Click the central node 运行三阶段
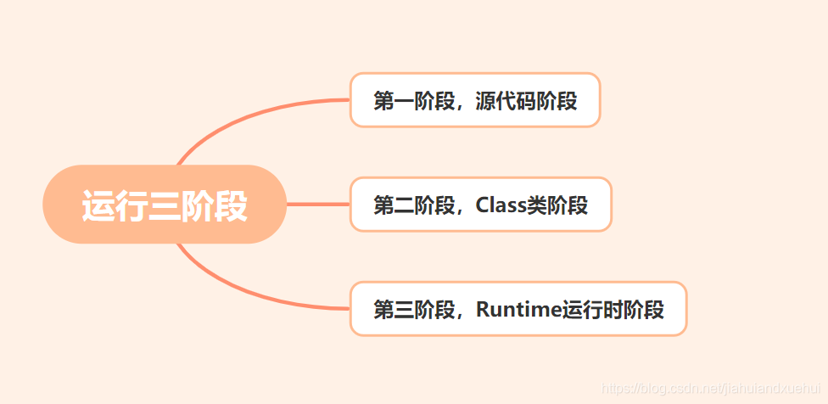click(165, 205)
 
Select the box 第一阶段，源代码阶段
click(475, 100)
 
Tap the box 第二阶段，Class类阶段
click(480, 205)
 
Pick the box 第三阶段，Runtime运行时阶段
click(517, 309)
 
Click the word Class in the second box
click(501, 205)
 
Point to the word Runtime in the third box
click(518, 309)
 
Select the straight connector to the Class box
click(318, 205)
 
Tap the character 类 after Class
click(536, 205)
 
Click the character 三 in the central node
click(165, 205)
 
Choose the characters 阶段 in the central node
click(214, 205)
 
